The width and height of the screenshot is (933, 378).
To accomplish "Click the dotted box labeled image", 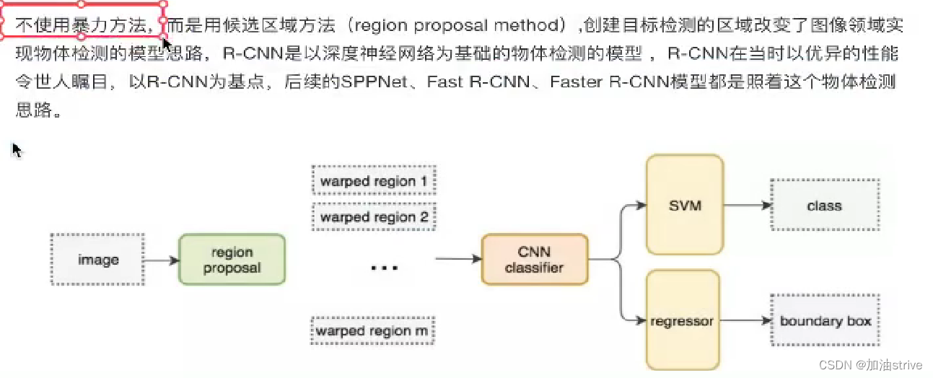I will (98, 260).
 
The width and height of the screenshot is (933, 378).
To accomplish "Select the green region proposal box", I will (232, 260).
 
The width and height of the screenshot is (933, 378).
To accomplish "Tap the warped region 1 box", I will (373, 181).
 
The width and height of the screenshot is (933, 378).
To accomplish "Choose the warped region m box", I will (372, 332).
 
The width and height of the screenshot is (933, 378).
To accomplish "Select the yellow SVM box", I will (685, 205).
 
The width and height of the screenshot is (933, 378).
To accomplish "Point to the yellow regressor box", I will (682, 320).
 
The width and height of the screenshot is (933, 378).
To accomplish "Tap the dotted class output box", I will (824, 206).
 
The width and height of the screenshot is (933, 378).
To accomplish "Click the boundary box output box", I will (825, 321).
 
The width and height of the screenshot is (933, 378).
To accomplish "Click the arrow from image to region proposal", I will (162, 260).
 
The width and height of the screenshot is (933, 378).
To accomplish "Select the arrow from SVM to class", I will (746, 206).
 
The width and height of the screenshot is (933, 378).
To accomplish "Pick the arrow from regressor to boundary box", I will (745, 321).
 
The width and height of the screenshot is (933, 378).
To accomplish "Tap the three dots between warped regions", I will (384, 268).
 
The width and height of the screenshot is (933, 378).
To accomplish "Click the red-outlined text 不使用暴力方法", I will (82, 26).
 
